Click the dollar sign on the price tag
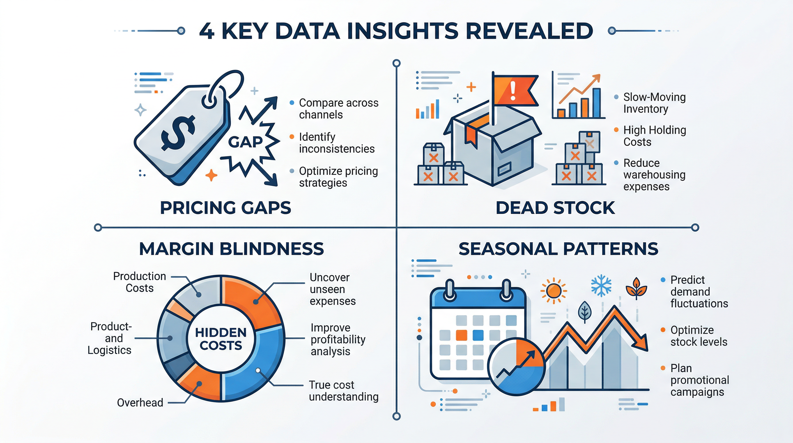pyautogui.click(x=178, y=132)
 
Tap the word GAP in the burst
pyautogui.click(x=245, y=142)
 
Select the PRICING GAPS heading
pyautogui.click(x=225, y=208)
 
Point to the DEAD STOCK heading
pyautogui.click(x=555, y=208)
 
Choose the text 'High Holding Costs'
pyautogui.click(x=654, y=136)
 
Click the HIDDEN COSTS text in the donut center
pyautogui.click(x=221, y=339)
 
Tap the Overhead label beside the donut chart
pyautogui.click(x=140, y=403)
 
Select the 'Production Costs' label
pyautogui.click(x=139, y=282)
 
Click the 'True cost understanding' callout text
pyautogui.click(x=343, y=391)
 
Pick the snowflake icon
pyautogui.click(x=601, y=286)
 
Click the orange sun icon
pyautogui.click(x=554, y=290)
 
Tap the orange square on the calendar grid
pyautogui.click(x=461, y=335)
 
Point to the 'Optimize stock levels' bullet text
pyautogui.click(x=698, y=336)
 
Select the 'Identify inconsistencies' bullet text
pyautogui.click(x=337, y=143)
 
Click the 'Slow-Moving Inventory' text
pyautogui.click(x=654, y=103)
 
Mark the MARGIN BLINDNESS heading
pyautogui.click(x=231, y=249)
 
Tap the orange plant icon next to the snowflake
pyautogui.click(x=636, y=288)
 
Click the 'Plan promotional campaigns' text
pyautogui.click(x=699, y=380)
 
